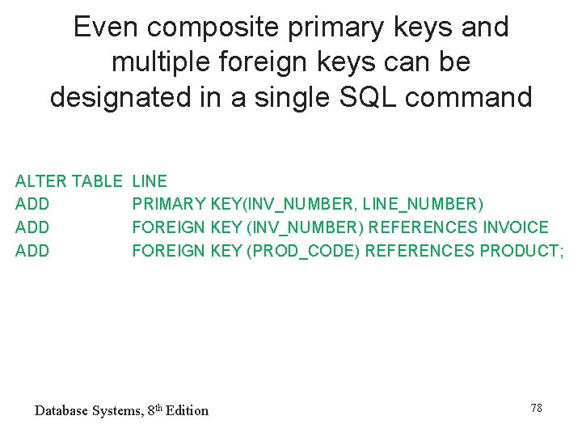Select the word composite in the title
click(x=195, y=28)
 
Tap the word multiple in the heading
click(x=156, y=62)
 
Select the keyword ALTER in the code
click(x=41, y=181)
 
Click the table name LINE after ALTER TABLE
click(x=150, y=181)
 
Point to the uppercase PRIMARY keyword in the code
click(x=168, y=204)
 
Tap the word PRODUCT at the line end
click(x=518, y=251)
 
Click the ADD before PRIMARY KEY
click(x=32, y=204)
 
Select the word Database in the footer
click(x=61, y=411)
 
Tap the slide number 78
click(x=536, y=408)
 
